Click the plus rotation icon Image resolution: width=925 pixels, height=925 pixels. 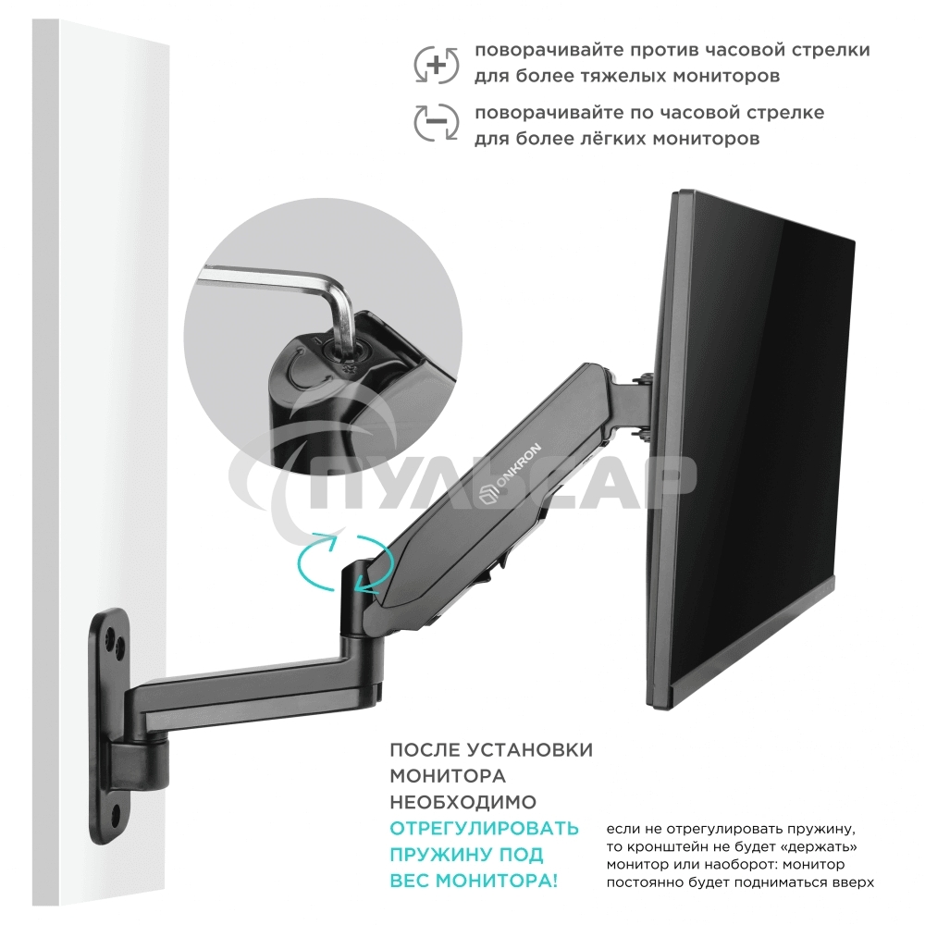tap(436, 64)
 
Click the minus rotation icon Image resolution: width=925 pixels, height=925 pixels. tap(436, 122)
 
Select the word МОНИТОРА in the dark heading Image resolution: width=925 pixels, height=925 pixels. tap(448, 776)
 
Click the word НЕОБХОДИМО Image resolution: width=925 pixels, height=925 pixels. tap(462, 802)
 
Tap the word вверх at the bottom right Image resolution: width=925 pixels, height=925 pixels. tap(852, 882)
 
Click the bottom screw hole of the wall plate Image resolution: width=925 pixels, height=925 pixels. tap(115, 815)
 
